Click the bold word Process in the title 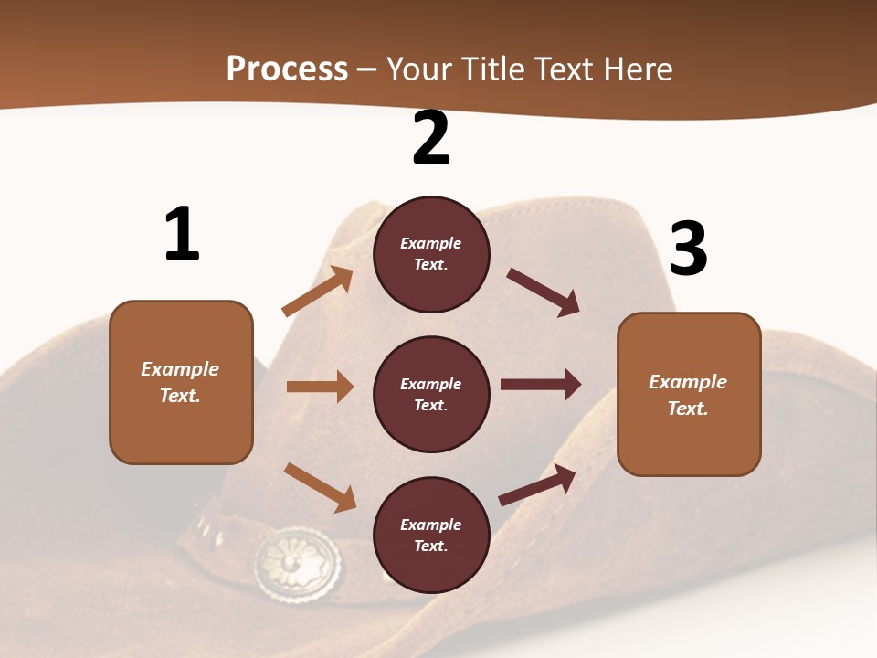click(x=287, y=69)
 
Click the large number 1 click(x=182, y=235)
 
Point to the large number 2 click(x=431, y=138)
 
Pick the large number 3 click(x=689, y=249)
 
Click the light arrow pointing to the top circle click(x=318, y=292)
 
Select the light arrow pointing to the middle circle click(x=320, y=387)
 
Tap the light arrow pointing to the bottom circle click(x=320, y=486)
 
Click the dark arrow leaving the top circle click(x=544, y=292)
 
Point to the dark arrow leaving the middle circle click(x=541, y=385)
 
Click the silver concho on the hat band click(x=298, y=560)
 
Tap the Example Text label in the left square click(x=180, y=382)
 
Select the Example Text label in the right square click(x=688, y=395)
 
